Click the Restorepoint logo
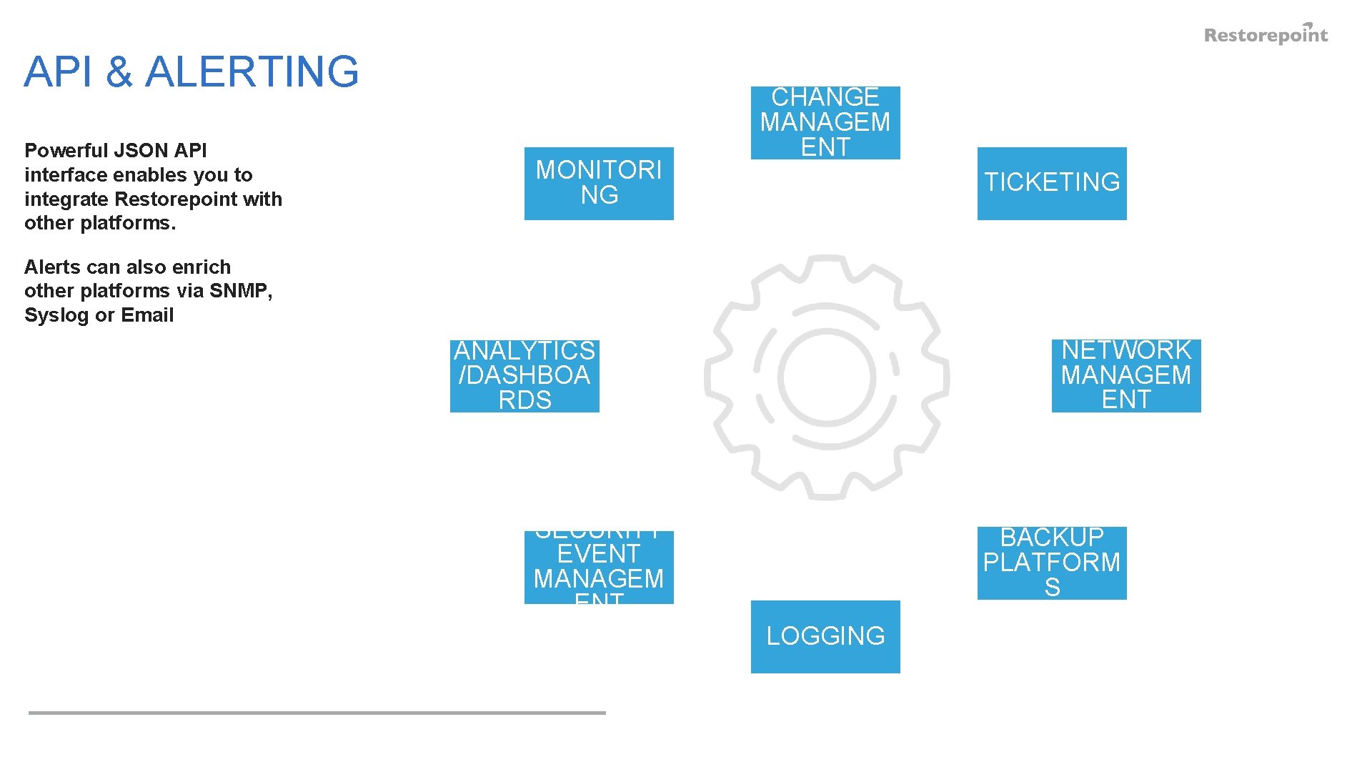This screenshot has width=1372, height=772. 1266,34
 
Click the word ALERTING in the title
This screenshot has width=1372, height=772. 252,71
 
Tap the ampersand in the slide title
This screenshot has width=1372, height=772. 119,71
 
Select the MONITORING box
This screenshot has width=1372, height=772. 599,183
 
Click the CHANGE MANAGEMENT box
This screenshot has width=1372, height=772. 825,122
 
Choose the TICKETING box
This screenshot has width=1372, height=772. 1052,183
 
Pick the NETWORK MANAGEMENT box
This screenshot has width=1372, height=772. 1126,375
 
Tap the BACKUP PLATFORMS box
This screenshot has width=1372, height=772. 1052,563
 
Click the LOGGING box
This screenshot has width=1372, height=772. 825,636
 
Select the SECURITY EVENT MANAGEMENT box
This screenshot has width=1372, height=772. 599,567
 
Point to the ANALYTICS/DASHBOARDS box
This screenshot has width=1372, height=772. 525,376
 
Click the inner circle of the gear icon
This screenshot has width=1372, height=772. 827,377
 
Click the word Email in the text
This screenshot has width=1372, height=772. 147,315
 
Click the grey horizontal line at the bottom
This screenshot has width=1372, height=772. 317,713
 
